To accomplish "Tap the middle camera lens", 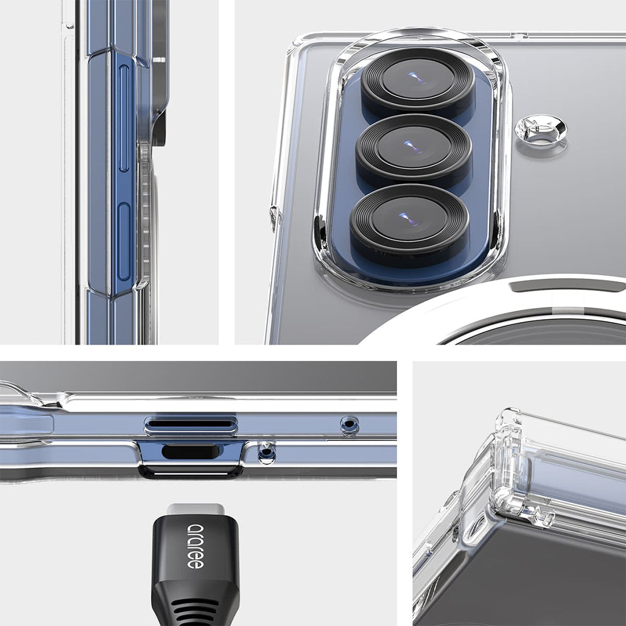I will [x=413, y=147].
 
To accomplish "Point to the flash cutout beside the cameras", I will [x=540, y=130].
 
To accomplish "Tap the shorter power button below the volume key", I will [x=124, y=241].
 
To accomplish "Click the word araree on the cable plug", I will [x=195, y=546].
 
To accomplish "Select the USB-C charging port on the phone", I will [x=190, y=451].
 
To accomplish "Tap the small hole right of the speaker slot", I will [x=350, y=424].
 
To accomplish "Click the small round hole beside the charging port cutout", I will [x=266, y=452].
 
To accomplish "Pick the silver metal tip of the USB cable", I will [x=195, y=509].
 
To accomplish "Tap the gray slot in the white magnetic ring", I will [x=566, y=284].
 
